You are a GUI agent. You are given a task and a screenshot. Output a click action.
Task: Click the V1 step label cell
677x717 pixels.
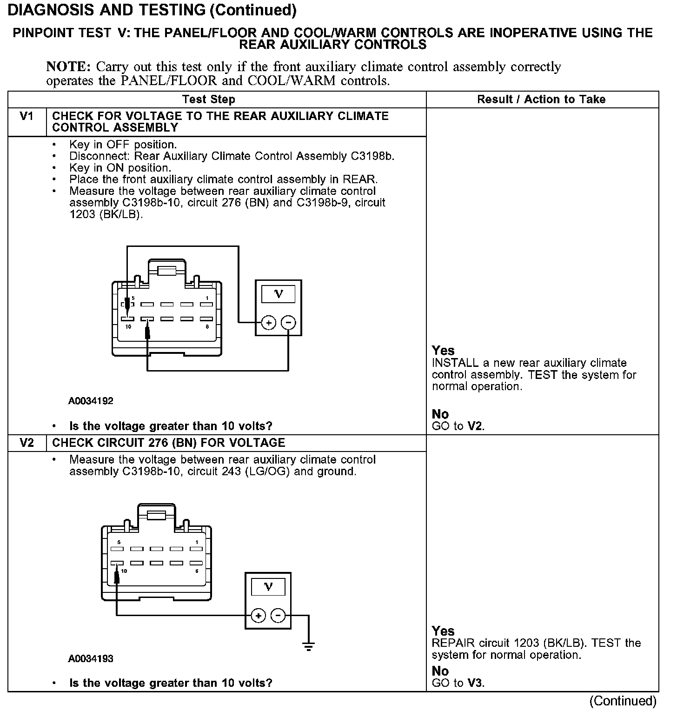click(x=27, y=116)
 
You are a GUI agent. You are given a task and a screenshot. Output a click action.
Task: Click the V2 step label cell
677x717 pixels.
click(x=27, y=443)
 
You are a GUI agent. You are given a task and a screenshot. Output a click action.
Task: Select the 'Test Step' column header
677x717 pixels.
click(x=209, y=100)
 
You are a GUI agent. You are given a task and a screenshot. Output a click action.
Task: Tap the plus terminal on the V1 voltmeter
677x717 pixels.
click(x=268, y=322)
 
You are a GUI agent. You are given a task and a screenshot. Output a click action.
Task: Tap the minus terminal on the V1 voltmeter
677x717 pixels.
click(x=289, y=322)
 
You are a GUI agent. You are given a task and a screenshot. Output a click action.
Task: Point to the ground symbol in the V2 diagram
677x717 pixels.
click(x=308, y=646)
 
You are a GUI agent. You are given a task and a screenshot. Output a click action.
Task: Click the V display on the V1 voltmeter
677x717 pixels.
click(x=279, y=293)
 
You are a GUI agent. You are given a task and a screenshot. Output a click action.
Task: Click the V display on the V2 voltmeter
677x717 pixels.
click(x=268, y=587)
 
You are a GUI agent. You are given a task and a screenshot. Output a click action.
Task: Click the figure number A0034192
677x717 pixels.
click(x=91, y=401)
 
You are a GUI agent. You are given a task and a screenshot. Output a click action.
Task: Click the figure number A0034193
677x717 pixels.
click(x=91, y=658)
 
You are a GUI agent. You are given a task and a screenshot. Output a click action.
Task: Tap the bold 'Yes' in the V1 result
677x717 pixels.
click(x=443, y=351)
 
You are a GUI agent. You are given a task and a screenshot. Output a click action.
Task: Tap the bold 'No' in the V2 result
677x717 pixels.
click(x=440, y=671)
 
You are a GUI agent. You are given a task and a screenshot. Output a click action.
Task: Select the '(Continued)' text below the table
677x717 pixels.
click(x=623, y=701)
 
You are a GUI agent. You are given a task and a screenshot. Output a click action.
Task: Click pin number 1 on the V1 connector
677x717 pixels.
click(x=207, y=298)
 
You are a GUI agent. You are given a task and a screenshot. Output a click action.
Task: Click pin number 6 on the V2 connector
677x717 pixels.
click(x=197, y=571)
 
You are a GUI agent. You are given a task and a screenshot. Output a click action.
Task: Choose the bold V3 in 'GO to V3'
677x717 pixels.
click(x=475, y=683)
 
